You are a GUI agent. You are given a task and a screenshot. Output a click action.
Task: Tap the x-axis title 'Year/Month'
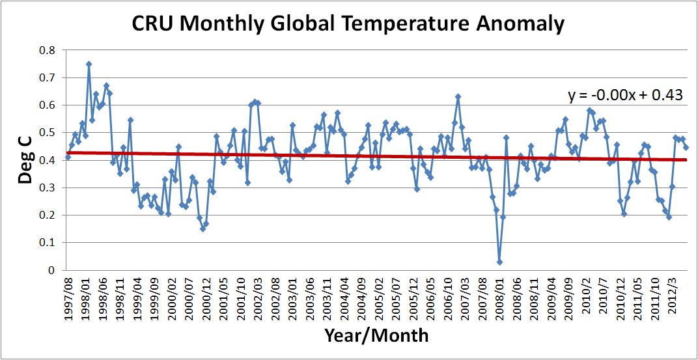pyautogui.click(x=376, y=336)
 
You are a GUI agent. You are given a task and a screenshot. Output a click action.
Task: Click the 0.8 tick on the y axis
pyautogui.click(x=48, y=50)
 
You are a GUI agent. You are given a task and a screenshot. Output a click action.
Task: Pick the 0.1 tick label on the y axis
pyautogui.click(x=48, y=243)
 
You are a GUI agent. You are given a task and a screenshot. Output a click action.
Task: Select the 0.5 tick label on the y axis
pyautogui.click(x=48, y=133)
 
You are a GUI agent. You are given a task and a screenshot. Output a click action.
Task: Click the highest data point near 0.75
pyautogui.click(x=89, y=64)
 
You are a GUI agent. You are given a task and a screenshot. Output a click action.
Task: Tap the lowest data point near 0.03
pyautogui.click(x=499, y=262)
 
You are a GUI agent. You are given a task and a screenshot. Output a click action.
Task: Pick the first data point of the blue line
pyautogui.click(x=68, y=157)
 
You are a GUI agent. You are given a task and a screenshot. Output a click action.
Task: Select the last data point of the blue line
pyautogui.click(x=686, y=147)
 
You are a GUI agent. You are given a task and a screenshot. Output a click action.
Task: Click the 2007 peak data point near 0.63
pyautogui.click(x=458, y=96)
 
